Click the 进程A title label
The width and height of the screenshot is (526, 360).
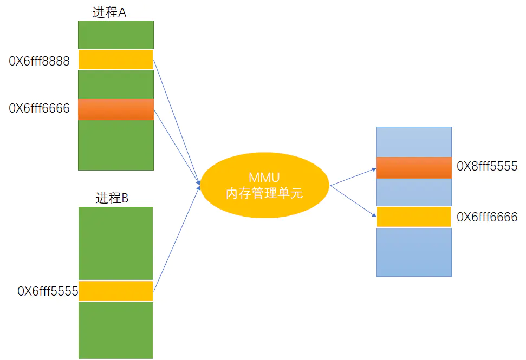click(x=109, y=13)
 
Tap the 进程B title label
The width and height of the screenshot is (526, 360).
click(x=112, y=198)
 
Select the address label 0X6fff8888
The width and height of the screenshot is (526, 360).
click(x=40, y=61)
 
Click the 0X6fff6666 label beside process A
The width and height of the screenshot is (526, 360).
click(x=40, y=108)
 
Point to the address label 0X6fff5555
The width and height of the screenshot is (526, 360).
click(x=48, y=291)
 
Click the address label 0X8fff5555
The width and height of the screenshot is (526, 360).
click(x=487, y=166)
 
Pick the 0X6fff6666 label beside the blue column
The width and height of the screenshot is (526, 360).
click(x=487, y=218)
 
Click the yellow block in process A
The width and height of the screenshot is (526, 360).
click(x=115, y=60)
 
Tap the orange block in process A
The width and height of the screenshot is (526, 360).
click(x=115, y=109)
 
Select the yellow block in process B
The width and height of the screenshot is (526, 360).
click(x=115, y=291)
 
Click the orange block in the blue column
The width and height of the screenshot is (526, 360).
click(x=414, y=167)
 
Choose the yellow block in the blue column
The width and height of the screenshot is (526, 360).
click(x=414, y=217)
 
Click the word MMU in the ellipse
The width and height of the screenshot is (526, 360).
click(x=264, y=178)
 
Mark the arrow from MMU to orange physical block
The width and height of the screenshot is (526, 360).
click(x=353, y=177)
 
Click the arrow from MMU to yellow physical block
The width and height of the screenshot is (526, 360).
click(x=353, y=201)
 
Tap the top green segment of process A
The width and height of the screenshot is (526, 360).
click(x=115, y=35)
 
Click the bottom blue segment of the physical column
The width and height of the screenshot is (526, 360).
click(x=414, y=252)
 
